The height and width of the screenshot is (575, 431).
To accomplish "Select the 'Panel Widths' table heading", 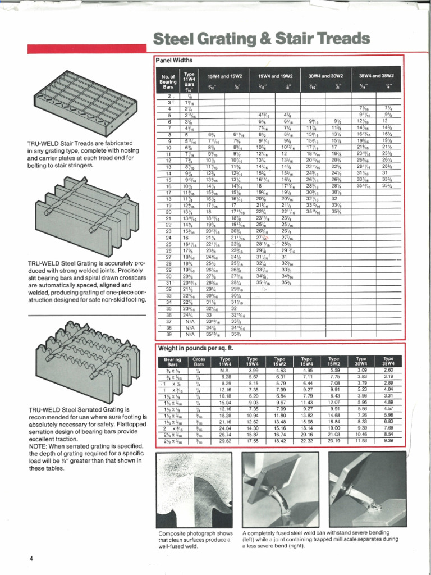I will coord(174,60).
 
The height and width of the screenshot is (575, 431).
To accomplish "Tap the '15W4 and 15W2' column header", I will coord(224,76).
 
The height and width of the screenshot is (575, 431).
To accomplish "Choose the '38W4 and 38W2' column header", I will coord(377,76).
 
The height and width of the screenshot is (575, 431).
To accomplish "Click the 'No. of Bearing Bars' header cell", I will coord(168,81).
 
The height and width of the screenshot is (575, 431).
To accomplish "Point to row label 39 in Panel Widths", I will coord(168,334).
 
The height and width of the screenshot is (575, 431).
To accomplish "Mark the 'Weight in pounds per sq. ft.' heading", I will coord(195,348).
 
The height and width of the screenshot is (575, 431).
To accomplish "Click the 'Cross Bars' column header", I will coord(199,360).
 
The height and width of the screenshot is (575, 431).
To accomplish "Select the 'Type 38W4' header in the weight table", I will coord(388,360).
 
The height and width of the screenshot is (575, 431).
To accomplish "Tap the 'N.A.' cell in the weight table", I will coord(225,371).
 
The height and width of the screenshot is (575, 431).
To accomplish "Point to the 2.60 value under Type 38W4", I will coord(388,371).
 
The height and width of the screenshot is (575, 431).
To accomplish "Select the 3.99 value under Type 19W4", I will coord(253,371).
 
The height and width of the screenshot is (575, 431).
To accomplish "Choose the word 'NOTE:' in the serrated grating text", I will coord(39,439).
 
